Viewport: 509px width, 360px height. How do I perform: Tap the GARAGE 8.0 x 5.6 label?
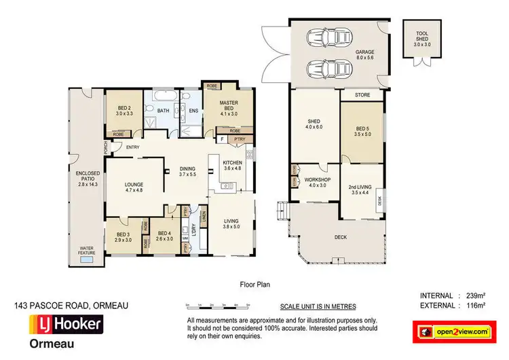coord(364,55)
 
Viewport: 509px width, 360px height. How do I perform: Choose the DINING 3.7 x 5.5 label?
coord(188,172)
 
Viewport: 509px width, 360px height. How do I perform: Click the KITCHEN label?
coord(232,166)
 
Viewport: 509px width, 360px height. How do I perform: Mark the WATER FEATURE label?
coord(86,251)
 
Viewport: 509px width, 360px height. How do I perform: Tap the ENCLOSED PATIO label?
coord(88,177)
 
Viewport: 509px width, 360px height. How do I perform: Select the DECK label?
coord(341,238)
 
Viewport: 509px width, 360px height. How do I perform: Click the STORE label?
coord(362,95)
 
